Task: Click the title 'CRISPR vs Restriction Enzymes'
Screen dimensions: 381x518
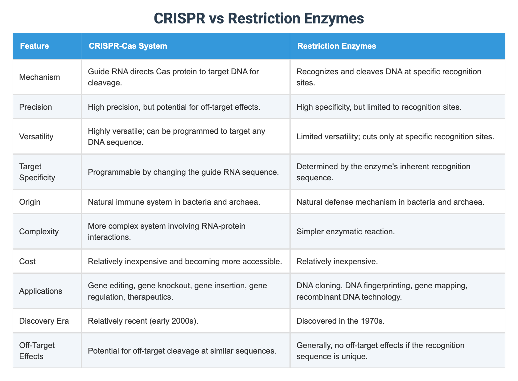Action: click(x=259, y=18)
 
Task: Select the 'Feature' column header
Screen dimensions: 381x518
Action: click(x=34, y=46)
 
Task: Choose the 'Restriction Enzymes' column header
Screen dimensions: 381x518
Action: click(x=336, y=46)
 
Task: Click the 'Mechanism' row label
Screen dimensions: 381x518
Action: click(x=39, y=77)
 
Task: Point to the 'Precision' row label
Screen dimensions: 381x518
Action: click(x=35, y=107)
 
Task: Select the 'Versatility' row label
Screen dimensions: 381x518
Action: click(x=36, y=136)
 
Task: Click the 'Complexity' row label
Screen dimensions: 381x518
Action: click(x=39, y=231)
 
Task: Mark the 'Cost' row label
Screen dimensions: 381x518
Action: click(x=27, y=261)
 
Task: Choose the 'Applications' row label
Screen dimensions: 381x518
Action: click(x=41, y=291)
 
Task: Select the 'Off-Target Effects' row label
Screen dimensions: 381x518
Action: click(x=37, y=350)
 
